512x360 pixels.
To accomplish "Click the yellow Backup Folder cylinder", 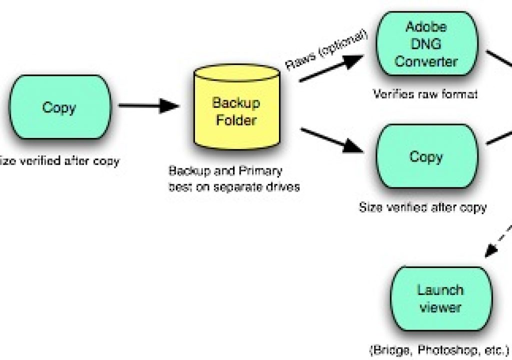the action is [x=236, y=107].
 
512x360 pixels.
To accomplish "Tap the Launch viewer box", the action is [x=441, y=298].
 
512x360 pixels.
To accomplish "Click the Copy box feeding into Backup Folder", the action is [x=60, y=107].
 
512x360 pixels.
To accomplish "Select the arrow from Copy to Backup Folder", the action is [x=149, y=105].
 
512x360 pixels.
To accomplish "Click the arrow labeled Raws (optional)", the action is [x=331, y=68].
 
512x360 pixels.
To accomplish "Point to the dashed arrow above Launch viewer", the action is [x=498, y=240].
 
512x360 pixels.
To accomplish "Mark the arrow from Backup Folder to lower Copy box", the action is [x=331, y=140].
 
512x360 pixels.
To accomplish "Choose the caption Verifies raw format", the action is [x=425, y=94].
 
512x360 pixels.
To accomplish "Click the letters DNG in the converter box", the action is [x=426, y=43].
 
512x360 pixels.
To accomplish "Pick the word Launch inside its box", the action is [x=440, y=290].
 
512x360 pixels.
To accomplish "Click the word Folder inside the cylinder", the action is [x=236, y=120].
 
